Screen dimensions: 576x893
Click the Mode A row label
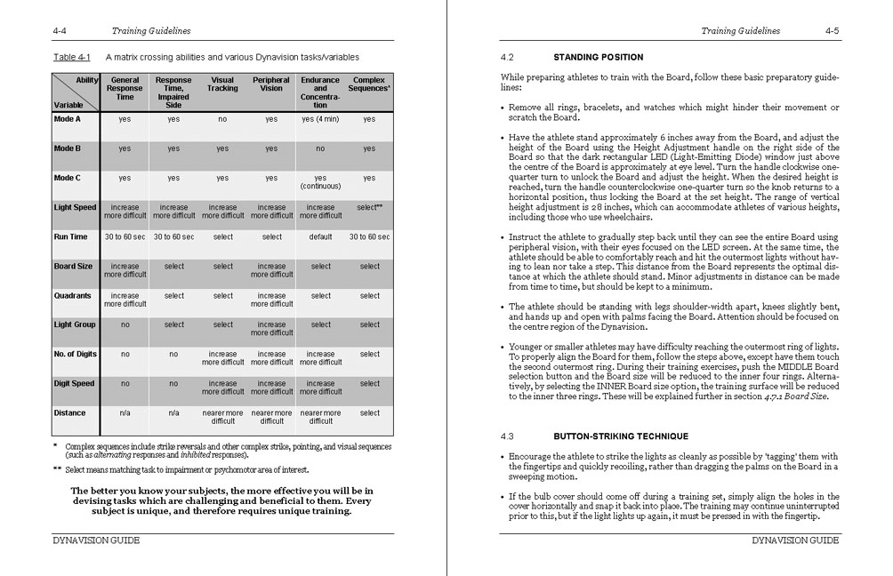[x=68, y=119]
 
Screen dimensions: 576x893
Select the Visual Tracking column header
[x=222, y=84]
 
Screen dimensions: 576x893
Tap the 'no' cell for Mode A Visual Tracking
[x=222, y=119]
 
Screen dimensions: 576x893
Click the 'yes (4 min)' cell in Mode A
[x=320, y=119]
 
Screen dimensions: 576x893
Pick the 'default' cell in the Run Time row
[x=320, y=237]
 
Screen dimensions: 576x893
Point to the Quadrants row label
[x=73, y=296]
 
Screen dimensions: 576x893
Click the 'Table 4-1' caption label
[x=71, y=56]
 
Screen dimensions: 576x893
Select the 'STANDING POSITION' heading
[x=598, y=58]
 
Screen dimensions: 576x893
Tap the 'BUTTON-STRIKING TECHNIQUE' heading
[x=621, y=436]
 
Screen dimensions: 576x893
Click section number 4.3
[x=508, y=436]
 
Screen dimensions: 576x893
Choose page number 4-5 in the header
[x=833, y=31]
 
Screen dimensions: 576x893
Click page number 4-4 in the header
[x=61, y=31]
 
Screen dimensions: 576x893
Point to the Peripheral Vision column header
[x=271, y=84]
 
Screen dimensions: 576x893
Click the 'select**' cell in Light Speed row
[x=369, y=208]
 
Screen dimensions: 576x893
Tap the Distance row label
[x=70, y=413]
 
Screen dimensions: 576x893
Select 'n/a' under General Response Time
[x=125, y=413]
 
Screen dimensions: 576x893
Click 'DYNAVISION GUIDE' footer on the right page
[x=795, y=540]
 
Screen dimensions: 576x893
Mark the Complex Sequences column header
[x=369, y=84]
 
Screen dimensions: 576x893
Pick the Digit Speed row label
[x=75, y=384]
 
